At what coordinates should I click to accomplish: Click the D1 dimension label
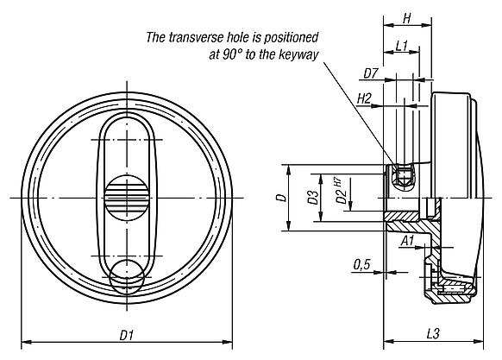click(x=127, y=332)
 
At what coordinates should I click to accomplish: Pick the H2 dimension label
click(x=365, y=101)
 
